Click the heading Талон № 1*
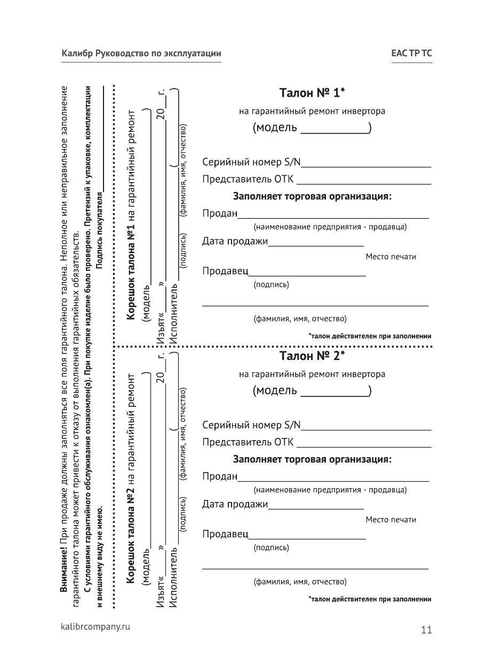pos(312,93)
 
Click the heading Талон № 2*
pos(312,356)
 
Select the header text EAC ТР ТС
pos(411,54)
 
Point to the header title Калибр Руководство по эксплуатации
pos(141,54)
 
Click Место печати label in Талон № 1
pos(391,257)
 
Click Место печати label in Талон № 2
pos(391,520)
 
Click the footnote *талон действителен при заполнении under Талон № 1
pos(370,336)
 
